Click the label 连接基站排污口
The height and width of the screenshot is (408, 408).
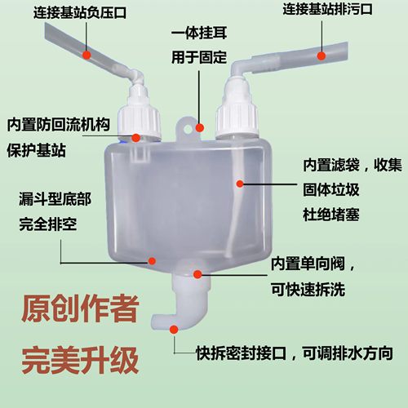328,11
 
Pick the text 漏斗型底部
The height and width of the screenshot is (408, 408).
49,198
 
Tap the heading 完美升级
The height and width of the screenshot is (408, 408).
73,357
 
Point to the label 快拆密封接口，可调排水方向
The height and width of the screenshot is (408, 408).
295,355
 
